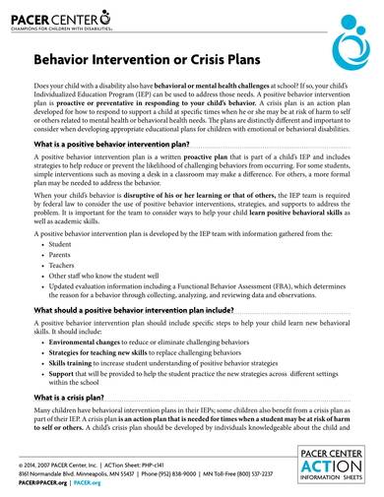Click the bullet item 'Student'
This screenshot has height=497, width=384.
[x=61, y=243]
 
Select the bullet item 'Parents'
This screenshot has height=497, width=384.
[x=61, y=256]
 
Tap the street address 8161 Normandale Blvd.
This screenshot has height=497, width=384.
[x=49, y=474]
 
